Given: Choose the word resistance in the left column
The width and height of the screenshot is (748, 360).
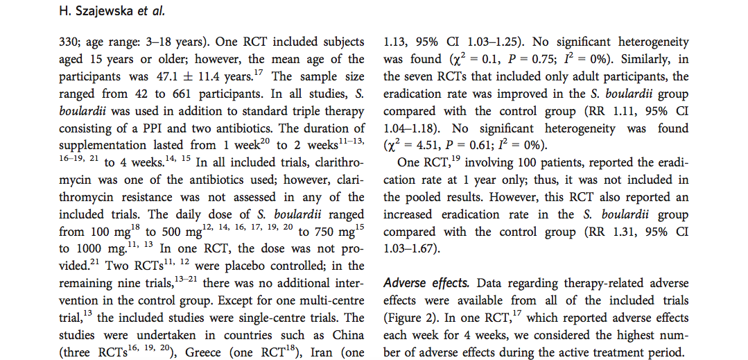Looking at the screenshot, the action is (x=150, y=197).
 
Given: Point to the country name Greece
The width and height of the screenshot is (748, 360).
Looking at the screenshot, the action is (x=202, y=353).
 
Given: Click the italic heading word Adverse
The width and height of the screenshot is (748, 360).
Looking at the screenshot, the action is (x=403, y=283).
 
